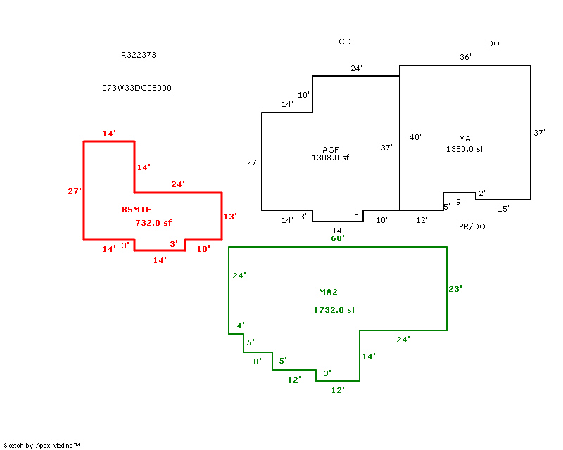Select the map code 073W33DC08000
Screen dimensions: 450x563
pyautogui.click(x=137, y=89)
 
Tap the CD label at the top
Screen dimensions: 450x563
pyautogui.click(x=345, y=42)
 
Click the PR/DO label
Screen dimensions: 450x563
pyautogui.click(x=472, y=226)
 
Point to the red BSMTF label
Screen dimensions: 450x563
pyautogui.click(x=136, y=210)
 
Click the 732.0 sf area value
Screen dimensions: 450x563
pyautogui.click(x=153, y=223)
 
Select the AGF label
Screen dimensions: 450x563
pyautogui.click(x=331, y=150)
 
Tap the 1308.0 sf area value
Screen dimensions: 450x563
pyautogui.click(x=330, y=158)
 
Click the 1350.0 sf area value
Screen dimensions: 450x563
pyautogui.click(x=464, y=149)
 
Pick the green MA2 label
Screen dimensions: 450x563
pyautogui.click(x=329, y=292)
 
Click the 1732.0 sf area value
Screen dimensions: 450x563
pyautogui.click(x=334, y=310)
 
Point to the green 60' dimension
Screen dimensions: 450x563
pyautogui.click(x=338, y=238)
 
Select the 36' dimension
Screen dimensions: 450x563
pyautogui.click(x=465, y=57)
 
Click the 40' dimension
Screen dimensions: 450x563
pyautogui.click(x=415, y=137)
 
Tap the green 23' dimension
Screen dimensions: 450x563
pyautogui.click(x=455, y=288)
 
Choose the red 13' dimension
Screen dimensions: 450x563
pyautogui.click(x=230, y=217)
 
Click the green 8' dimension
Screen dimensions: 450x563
pyautogui.click(x=258, y=361)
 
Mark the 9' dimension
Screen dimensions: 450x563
pyautogui.click(x=460, y=202)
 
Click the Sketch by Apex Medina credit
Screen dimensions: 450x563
pyautogui.click(x=42, y=445)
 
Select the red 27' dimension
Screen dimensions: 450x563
pyautogui.click(x=75, y=191)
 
